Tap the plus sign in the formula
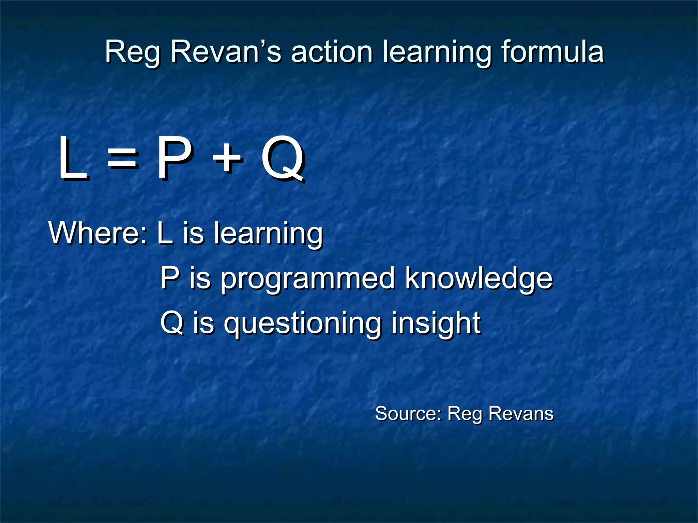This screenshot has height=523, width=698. pyautogui.click(x=227, y=158)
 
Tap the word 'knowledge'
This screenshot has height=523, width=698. pyautogui.click(x=479, y=279)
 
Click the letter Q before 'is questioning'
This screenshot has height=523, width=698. pyautogui.click(x=172, y=322)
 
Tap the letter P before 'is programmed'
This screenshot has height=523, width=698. pyautogui.click(x=170, y=278)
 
